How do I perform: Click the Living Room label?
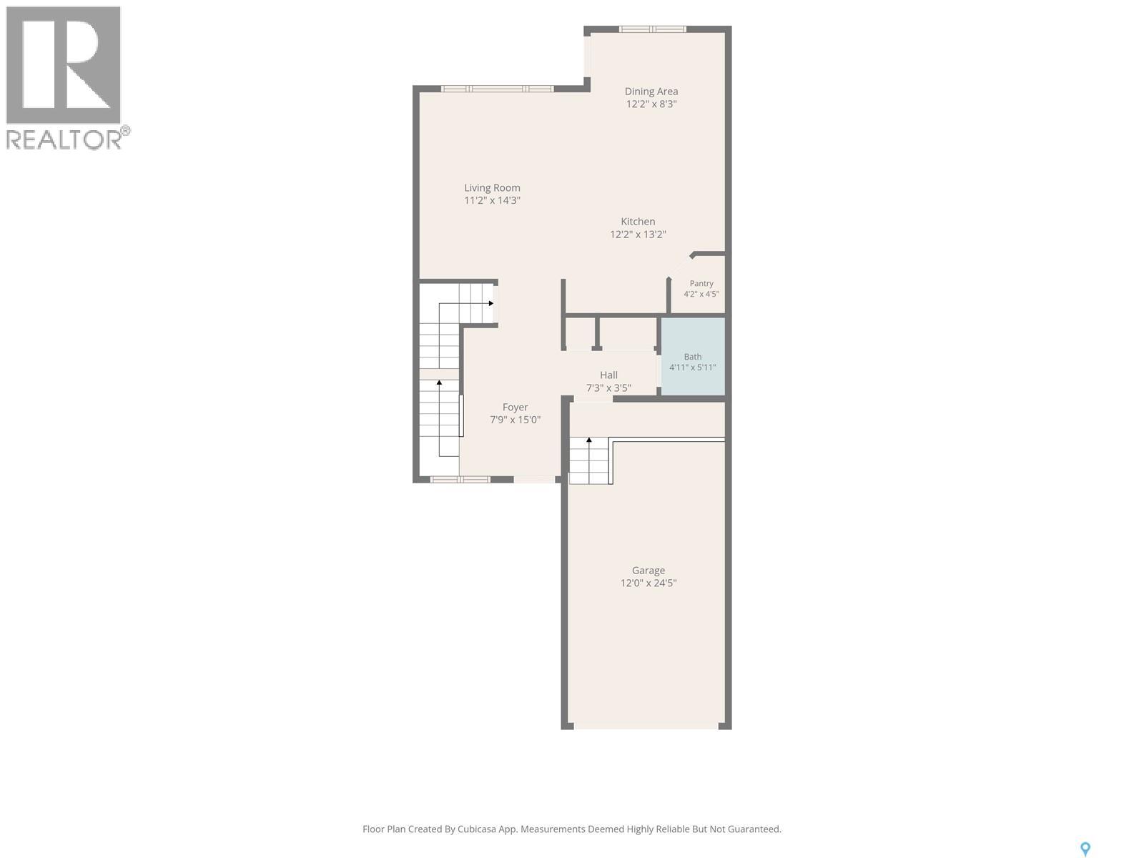point(492,187)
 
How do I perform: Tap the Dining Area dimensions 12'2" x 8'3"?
point(651,104)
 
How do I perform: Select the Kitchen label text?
point(638,222)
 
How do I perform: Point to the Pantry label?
point(701,283)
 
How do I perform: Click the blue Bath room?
point(693,356)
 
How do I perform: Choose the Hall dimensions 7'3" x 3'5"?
point(608,388)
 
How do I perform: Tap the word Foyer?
point(515,407)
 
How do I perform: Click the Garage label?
point(649,571)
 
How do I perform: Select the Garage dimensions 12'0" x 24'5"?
point(649,583)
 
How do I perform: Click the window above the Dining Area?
point(653,29)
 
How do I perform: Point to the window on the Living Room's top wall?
point(497,89)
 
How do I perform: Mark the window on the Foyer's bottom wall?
point(460,479)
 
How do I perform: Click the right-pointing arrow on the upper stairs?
point(491,303)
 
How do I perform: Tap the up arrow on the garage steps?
point(589,440)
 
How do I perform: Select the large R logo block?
point(63,65)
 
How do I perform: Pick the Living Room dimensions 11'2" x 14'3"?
point(492,200)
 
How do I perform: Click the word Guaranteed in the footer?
point(754,829)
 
